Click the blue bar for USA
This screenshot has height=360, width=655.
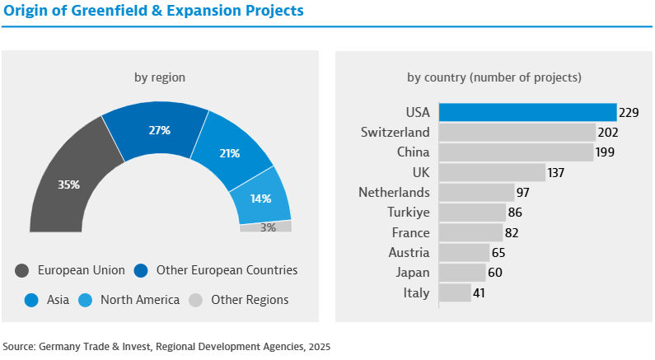coord(527,112)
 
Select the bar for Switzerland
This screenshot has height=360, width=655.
coord(517,133)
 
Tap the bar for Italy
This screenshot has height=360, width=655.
coord(455,292)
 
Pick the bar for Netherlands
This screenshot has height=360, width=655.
coord(476,193)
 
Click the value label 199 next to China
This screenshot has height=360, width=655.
coord(606,152)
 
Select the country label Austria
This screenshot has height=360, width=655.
coord(409,252)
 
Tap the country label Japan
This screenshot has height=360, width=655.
coord(413,273)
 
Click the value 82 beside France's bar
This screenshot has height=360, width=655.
coord(512,232)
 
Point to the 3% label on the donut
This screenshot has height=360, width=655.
coord(268,227)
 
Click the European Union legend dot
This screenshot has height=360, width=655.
coord(22,270)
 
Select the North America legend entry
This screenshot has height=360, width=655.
coord(139,300)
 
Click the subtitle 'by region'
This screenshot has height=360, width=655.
coord(160,77)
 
